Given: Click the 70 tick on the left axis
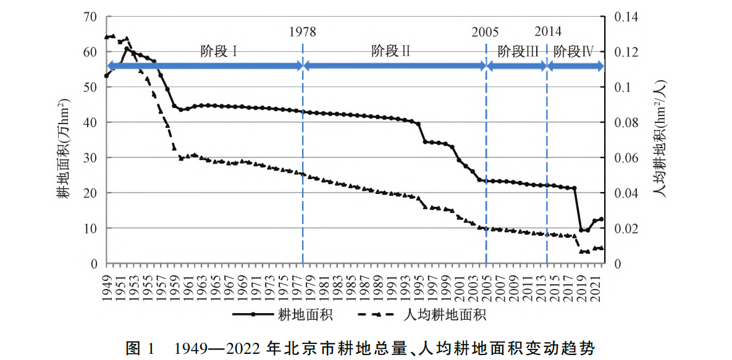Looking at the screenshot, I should [90, 17].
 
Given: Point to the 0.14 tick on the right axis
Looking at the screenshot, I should [625, 17].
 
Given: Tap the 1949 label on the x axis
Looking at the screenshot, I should [106, 284].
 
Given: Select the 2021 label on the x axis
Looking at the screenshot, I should [595, 284].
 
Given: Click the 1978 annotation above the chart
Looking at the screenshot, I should [302, 32].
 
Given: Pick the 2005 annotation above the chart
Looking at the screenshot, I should [486, 32].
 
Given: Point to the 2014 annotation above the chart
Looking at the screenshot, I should [548, 31].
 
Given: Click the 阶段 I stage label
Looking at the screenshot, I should [219, 51].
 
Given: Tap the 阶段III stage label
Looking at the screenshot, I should [518, 51].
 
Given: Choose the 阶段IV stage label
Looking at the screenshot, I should [573, 51].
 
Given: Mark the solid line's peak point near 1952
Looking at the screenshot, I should [127, 49].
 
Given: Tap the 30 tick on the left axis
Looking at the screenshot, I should [90, 158].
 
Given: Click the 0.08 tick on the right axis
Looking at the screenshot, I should [625, 123].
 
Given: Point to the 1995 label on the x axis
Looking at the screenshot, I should [419, 284].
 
